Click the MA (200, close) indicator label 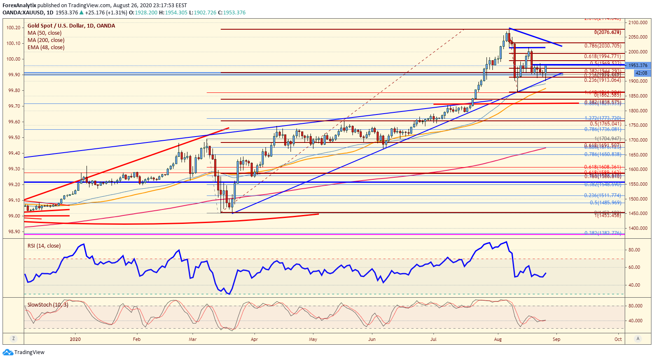click(x=46, y=40)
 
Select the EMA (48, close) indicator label click(x=46, y=47)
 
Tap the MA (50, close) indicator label click(x=44, y=33)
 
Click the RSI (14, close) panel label click(x=44, y=246)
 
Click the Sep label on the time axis click(x=556, y=339)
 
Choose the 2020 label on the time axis click(x=75, y=339)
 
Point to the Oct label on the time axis click(x=618, y=339)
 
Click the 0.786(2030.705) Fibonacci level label click(x=602, y=46)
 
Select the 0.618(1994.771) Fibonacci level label click(x=602, y=56)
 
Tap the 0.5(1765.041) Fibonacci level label click(x=605, y=124)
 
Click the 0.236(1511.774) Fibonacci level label click(x=602, y=195)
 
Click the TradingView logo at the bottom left click(x=24, y=352)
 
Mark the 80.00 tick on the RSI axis click(x=634, y=250)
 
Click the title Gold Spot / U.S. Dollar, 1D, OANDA click(x=71, y=26)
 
